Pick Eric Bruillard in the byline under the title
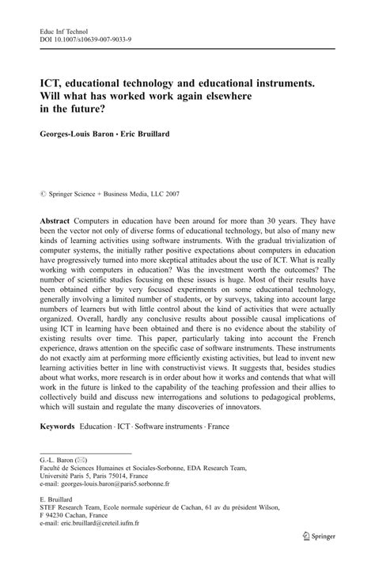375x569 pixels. pos(154,134)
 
